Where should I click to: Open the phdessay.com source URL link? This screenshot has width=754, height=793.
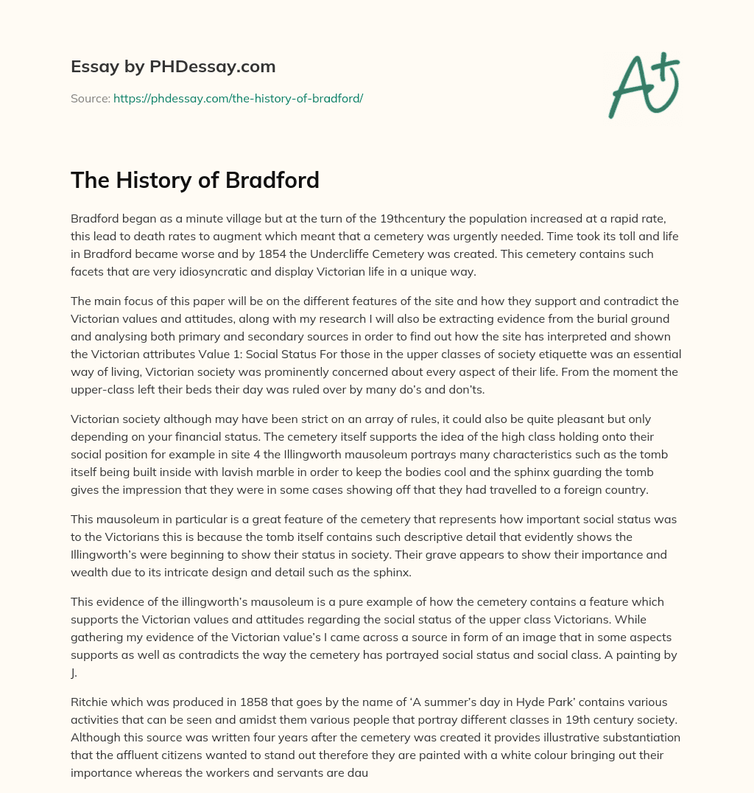point(238,98)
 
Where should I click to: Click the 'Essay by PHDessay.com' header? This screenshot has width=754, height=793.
point(173,67)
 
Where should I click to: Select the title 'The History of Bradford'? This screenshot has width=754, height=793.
point(195,180)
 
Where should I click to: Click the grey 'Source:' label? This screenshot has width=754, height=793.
point(90,98)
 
